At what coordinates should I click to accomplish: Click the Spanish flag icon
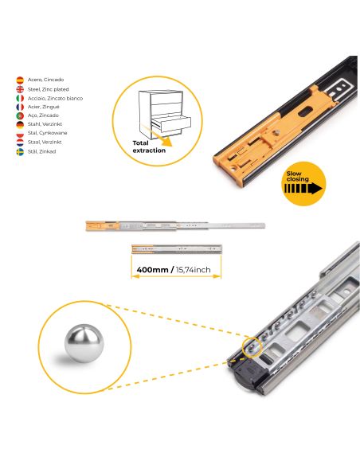pyautogui.click(x=20, y=80)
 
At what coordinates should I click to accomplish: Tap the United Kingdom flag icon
pyautogui.click(x=20, y=89)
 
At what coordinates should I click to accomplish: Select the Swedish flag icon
pyautogui.click(x=20, y=150)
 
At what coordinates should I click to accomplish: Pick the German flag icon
pyautogui.click(x=20, y=124)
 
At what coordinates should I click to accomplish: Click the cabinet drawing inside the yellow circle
pyautogui.click(x=164, y=115)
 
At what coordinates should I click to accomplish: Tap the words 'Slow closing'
pyautogui.click(x=297, y=180)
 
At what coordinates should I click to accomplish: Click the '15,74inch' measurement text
pyautogui.click(x=194, y=270)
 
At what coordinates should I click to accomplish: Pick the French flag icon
pyautogui.click(x=20, y=107)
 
